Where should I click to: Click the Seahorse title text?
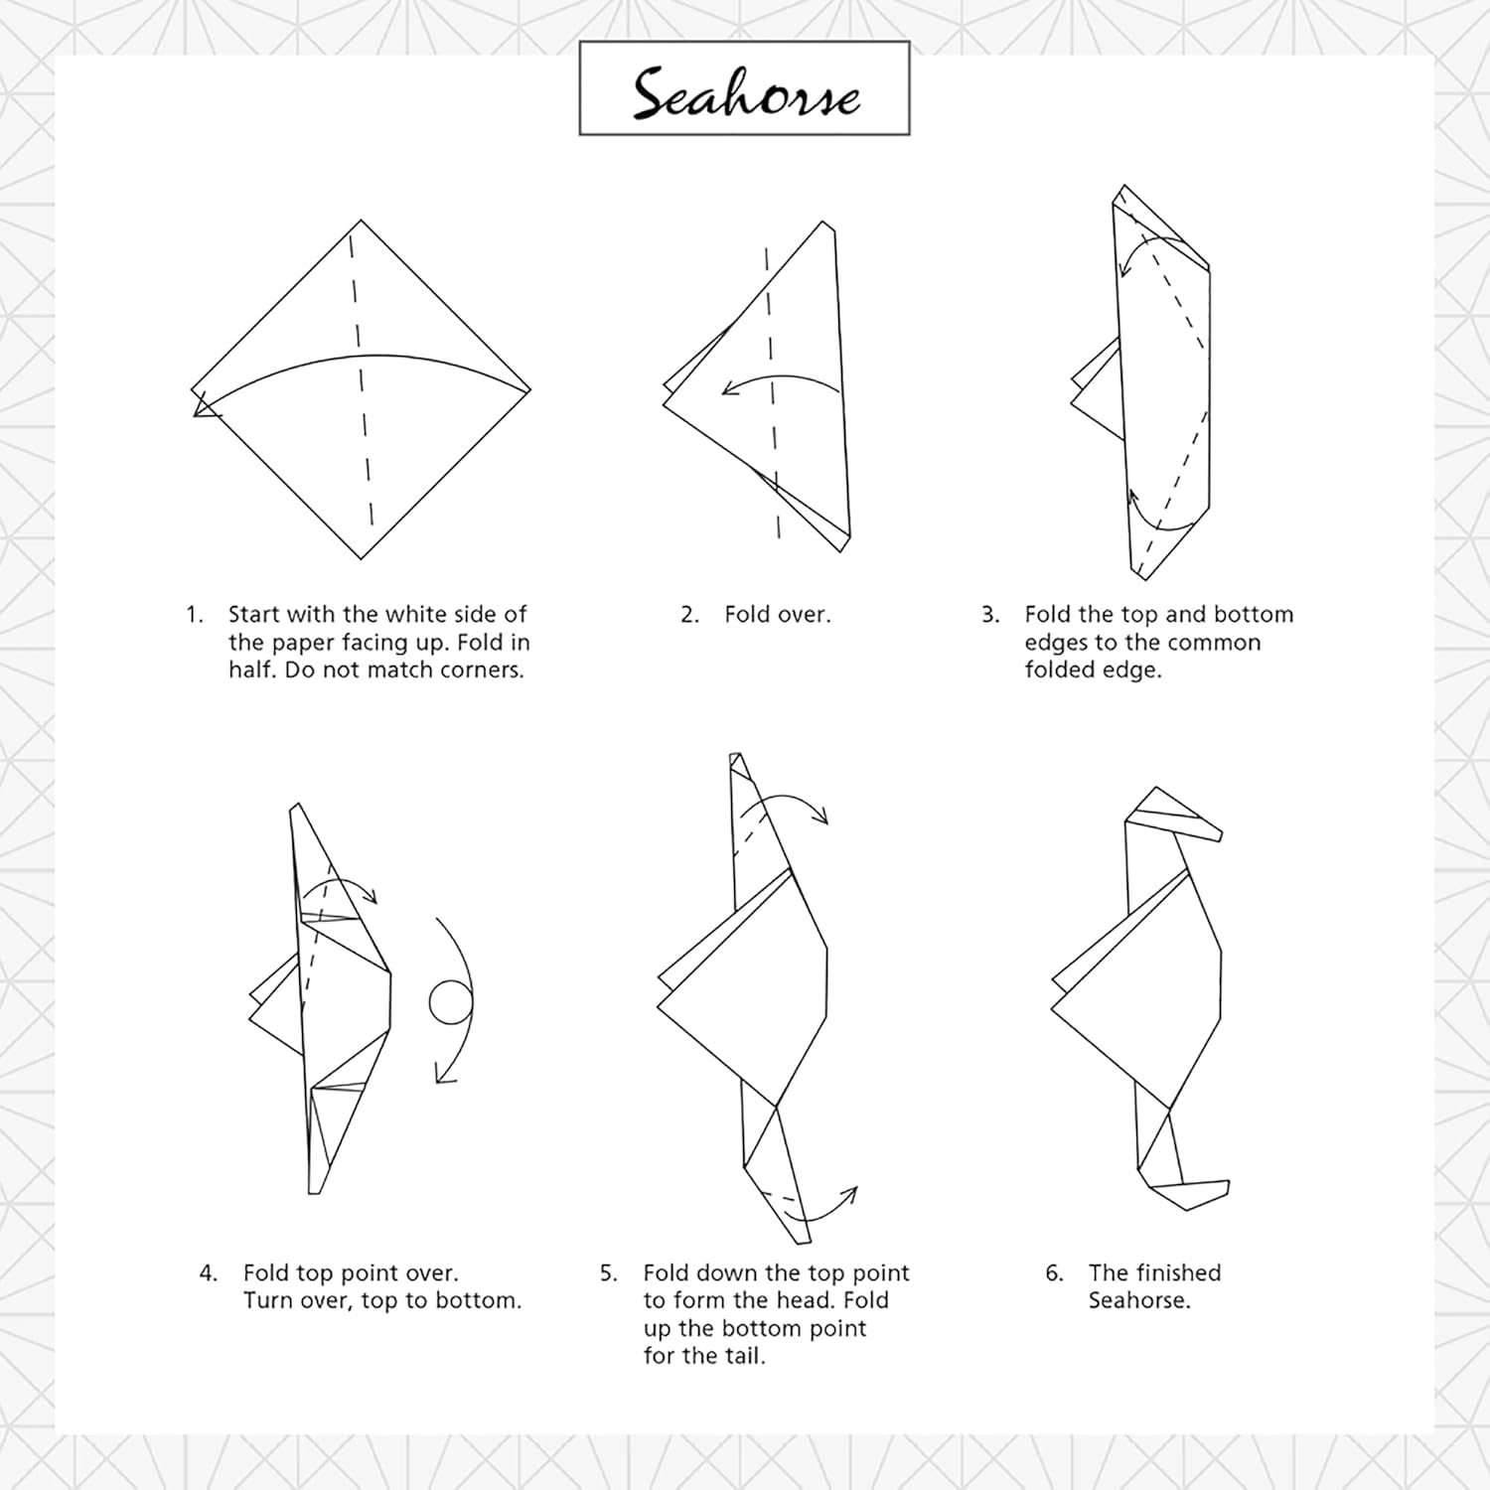[x=746, y=92]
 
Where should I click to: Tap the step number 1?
[x=194, y=615]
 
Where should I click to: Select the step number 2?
[x=689, y=615]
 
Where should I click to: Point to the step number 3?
[x=990, y=615]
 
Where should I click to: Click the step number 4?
[x=209, y=1273]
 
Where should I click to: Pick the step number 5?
[x=608, y=1273]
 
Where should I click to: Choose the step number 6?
[x=1054, y=1273]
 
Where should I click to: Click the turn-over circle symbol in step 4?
[x=450, y=1002]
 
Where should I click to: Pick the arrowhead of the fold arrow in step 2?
[x=730, y=388]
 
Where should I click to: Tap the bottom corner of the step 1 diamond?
[x=362, y=559]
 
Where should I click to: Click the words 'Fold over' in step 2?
[x=777, y=614]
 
